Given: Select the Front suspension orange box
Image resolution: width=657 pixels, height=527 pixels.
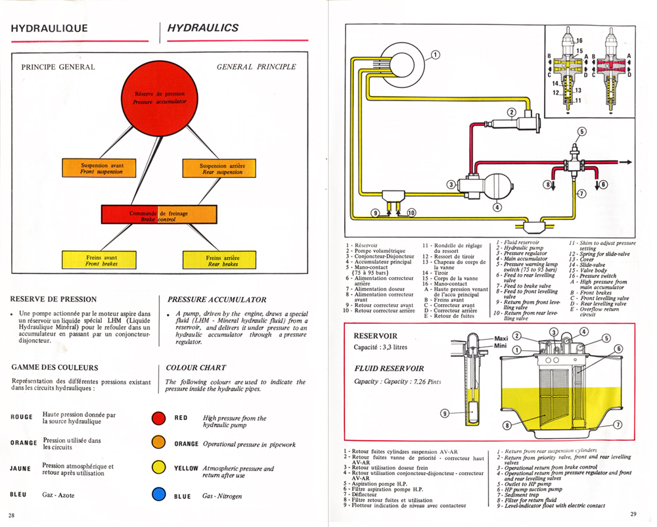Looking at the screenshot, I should (x=101, y=168).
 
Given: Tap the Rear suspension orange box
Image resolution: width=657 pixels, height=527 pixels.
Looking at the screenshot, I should (x=222, y=168).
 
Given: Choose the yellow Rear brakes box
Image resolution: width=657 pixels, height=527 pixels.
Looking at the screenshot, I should (x=222, y=260).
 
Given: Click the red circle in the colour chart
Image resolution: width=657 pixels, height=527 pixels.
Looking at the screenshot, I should (x=158, y=418).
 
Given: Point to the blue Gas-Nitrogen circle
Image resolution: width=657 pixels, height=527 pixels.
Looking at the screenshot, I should (x=158, y=495).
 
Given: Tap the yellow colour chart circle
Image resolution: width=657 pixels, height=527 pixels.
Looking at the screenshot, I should (x=158, y=468).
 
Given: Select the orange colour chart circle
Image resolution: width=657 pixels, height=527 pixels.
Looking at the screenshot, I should (x=158, y=444).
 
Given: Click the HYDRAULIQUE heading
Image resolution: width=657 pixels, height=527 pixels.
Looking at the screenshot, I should (x=49, y=28).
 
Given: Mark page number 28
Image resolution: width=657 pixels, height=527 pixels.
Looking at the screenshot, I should (x=12, y=513).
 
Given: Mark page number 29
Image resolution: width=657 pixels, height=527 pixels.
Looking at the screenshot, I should (x=633, y=513).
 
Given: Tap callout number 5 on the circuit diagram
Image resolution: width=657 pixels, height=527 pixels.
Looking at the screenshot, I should (x=581, y=131).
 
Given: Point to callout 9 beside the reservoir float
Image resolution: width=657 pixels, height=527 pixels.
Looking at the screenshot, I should (x=445, y=413).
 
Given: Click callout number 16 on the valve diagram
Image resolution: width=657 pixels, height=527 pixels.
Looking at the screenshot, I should (x=579, y=41).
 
